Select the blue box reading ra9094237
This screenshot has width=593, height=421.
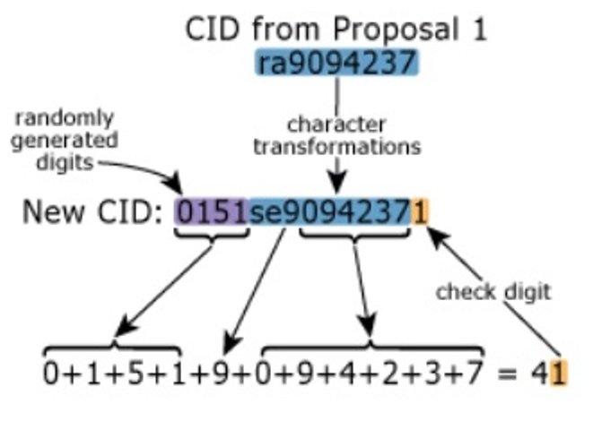pos(337,62)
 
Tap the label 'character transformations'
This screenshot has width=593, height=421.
pos(336,135)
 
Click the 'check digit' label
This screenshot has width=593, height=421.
pos(493,291)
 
